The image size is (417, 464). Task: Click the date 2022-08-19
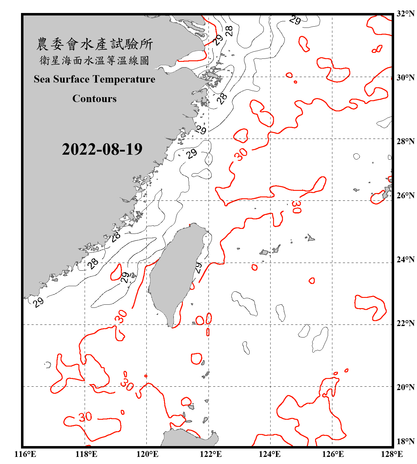pyautogui.click(x=102, y=149)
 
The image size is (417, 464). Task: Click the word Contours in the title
pyautogui.click(x=95, y=99)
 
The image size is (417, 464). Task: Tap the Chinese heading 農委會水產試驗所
pyautogui.click(x=95, y=44)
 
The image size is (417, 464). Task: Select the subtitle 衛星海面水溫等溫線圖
pyautogui.click(x=95, y=60)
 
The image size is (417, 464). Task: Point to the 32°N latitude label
pyautogui.click(x=405, y=14)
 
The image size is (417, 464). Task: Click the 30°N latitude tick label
pyautogui.click(x=405, y=78)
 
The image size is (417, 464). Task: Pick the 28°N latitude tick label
pyautogui.click(x=405, y=141)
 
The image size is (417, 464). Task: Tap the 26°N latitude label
pyautogui.click(x=405, y=195)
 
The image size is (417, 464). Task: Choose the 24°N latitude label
pyautogui.click(x=405, y=260)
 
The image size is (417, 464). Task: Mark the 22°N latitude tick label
pyautogui.click(x=405, y=323)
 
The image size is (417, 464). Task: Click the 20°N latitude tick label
pyautogui.click(x=405, y=387)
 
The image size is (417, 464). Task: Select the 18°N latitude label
pyautogui.click(x=405, y=441)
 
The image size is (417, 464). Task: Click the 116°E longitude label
pyautogui.click(x=25, y=454)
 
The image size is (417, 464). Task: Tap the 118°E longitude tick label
pyautogui.click(x=86, y=454)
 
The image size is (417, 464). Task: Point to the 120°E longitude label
pyautogui.click(x=147, y=454)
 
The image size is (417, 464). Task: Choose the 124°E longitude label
pyautogui.click(x=270, y=454)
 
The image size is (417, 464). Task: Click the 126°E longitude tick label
pyautogui.click(x=333, y=454)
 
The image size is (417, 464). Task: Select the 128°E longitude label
pyautogui.click(x=392, y=454)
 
